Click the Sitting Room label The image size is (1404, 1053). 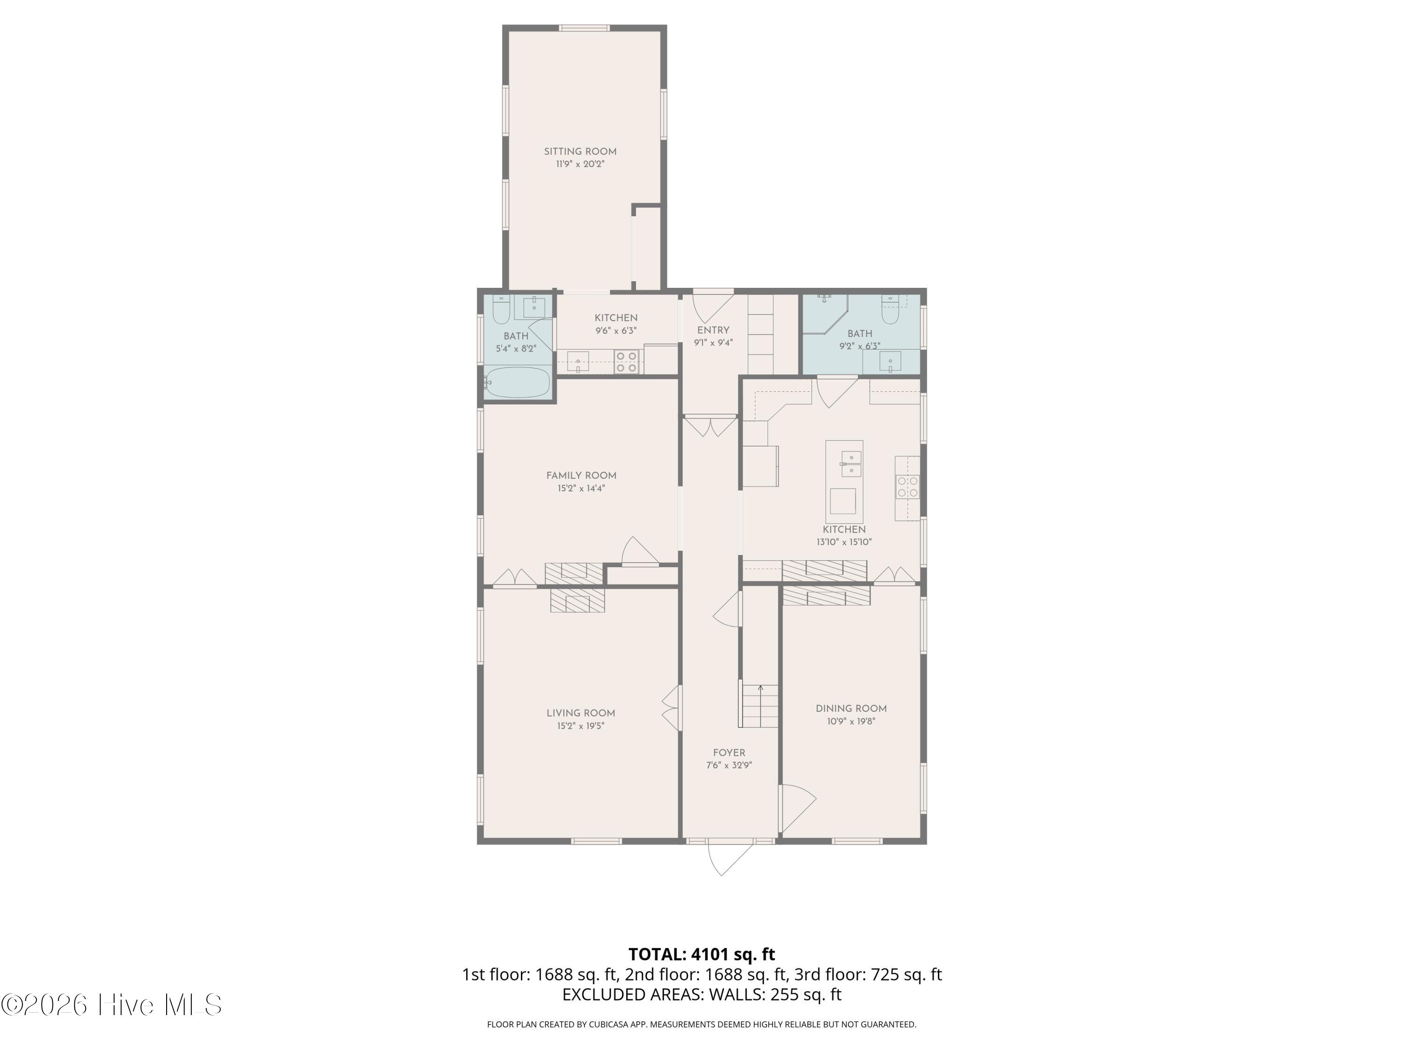tap(580, 152)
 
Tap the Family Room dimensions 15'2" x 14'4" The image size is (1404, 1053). tap(581, 489)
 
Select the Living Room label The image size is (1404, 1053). tap(581, 713)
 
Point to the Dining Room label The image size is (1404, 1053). tap(851, 709)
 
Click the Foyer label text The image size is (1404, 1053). tap(729, 753)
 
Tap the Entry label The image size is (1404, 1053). tap(713, 330)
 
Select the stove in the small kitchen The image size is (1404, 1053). tap(627, 362)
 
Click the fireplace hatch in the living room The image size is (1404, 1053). tap(578, 600)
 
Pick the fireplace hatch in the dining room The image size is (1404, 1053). tap(826, 595)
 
